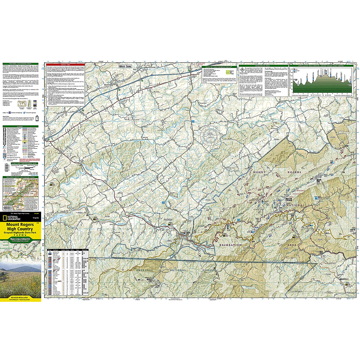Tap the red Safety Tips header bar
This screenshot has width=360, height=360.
65,64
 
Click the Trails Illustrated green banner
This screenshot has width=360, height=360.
20,239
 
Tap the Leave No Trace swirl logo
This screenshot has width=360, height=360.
229,72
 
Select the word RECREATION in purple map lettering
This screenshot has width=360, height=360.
231,245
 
